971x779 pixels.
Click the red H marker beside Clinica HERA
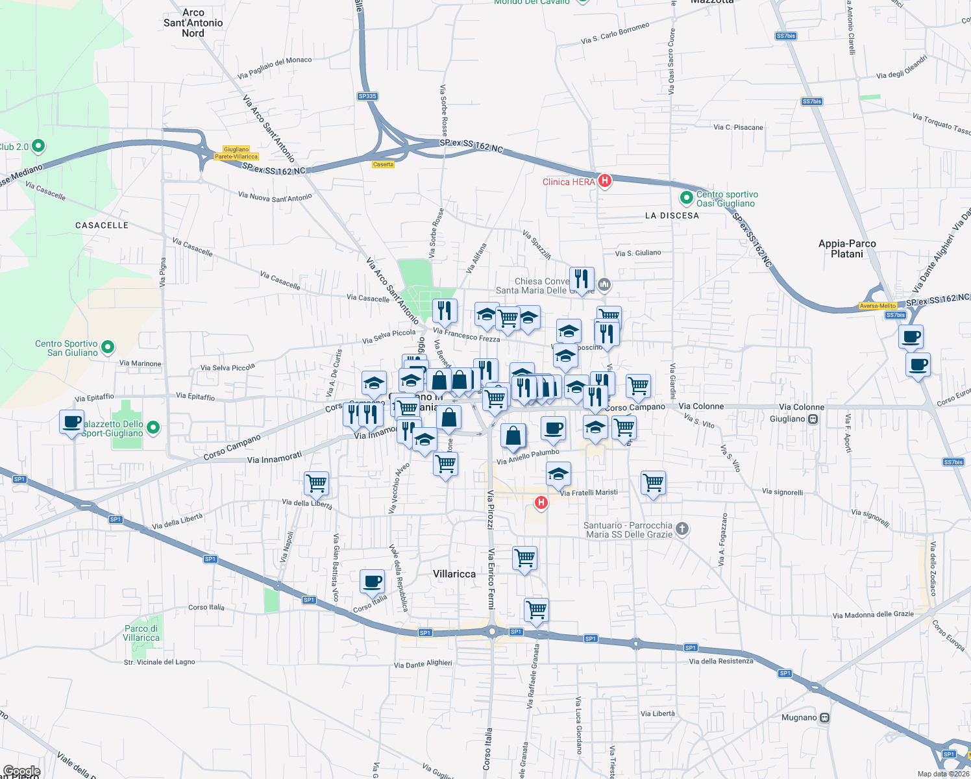tap(604, 180)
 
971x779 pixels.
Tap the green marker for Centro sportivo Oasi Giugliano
tap(686, 197)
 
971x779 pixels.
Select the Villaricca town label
tap(454, 574)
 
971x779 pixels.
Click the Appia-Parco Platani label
tap(847, 249)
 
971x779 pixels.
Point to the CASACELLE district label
tap(102, 225)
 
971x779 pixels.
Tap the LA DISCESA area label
tap(672, 216)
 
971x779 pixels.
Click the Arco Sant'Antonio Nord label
tap(193, 23)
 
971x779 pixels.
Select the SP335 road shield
tap(367, 96)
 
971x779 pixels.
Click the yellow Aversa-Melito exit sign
tap(878, 306)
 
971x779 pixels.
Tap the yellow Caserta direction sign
tap(383, 164)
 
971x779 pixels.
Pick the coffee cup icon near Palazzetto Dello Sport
tap(71, 422)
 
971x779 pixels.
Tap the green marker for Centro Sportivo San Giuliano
tap(108, 347)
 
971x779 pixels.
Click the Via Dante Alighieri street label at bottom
tap(423, 664)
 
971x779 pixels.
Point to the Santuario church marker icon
tap(682, 528)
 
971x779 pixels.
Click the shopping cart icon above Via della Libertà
tap(316, 483)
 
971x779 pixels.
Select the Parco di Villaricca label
tap(141, 633)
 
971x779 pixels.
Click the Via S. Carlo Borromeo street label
tap(615, 34)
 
